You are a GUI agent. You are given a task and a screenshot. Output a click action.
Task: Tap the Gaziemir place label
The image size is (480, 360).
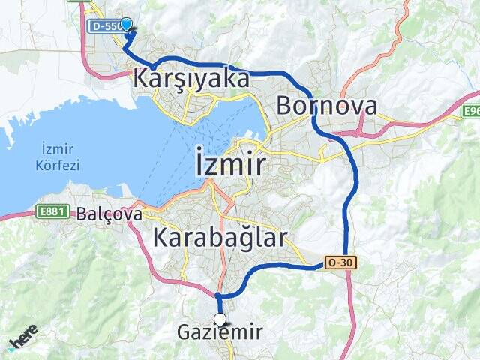pyautogui.click(x=220, y=332)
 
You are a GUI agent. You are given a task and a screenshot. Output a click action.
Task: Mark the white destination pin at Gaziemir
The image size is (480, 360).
pyautogui.click(x=219, y=319)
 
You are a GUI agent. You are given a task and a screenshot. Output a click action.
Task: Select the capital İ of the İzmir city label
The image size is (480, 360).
pyautogui.click(x=199, y=162)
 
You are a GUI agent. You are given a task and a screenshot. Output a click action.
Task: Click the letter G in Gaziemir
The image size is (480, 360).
pyautogui.click(x=184, y=332)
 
